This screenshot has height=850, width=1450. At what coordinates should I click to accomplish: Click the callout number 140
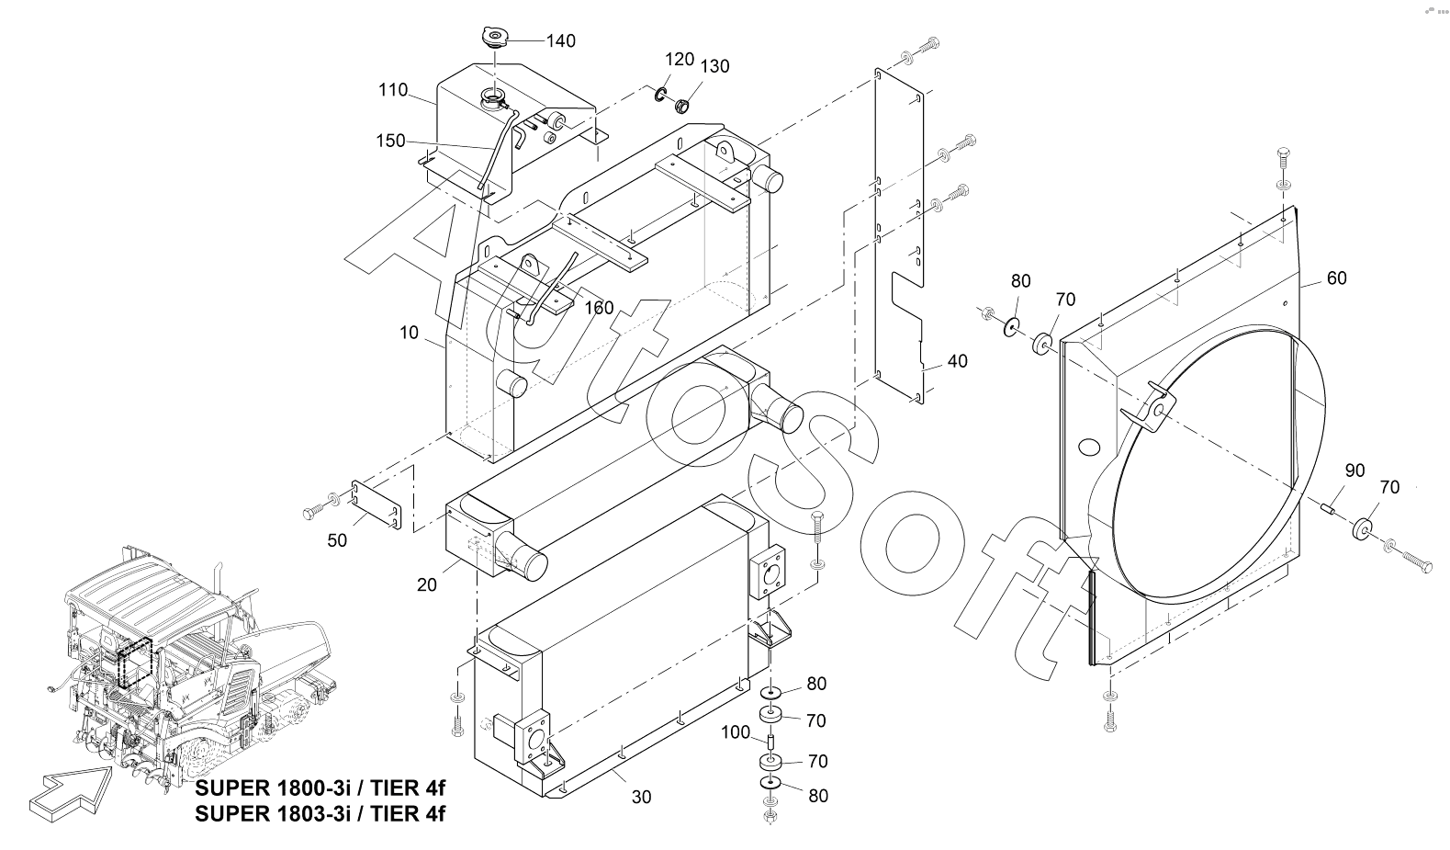coord(560,40)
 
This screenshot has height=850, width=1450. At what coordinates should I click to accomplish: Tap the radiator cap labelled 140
coord(495,36)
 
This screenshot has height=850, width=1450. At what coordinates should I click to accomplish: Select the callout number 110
coord(393,89)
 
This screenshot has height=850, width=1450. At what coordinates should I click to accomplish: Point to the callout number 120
coord(680,60)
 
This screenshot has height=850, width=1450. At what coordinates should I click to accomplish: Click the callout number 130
coord(714,66)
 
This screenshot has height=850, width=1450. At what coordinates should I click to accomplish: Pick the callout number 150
coord(390,141)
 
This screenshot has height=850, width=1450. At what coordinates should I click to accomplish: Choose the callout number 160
coord(599,308)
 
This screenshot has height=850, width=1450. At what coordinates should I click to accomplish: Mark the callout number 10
coord(410,333)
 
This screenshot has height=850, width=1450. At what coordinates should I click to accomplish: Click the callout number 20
coord(427,584)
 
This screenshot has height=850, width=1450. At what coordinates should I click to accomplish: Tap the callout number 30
coord(642,798)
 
